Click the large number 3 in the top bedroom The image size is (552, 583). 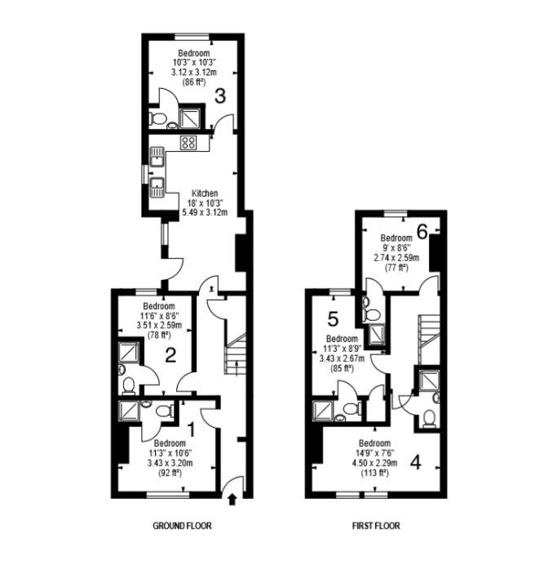220,96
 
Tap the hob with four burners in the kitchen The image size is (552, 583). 188,143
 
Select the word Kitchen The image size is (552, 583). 205,194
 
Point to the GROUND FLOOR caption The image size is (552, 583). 183,525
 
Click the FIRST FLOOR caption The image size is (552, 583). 376,525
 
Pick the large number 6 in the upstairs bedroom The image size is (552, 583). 423,232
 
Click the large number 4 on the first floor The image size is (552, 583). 416,462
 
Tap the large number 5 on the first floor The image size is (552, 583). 333,318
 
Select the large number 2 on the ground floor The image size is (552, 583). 170,355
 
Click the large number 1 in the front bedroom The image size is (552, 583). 191,429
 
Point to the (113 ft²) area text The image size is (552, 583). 374,473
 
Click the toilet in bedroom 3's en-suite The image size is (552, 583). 157,119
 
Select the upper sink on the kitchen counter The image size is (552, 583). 157,157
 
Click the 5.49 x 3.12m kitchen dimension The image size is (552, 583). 205,212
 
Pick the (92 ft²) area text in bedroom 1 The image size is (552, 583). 170,473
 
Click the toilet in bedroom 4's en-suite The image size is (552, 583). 429,418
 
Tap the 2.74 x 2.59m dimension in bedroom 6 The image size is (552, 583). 396,257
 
